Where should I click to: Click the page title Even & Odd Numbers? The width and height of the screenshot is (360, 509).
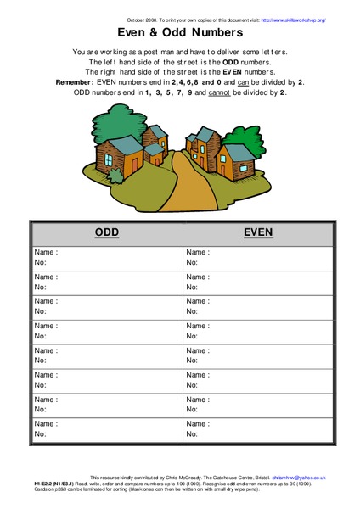[x=179, y=32]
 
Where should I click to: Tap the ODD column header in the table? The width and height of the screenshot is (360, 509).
[x=106, y=232]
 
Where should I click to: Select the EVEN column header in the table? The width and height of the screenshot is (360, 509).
[x=257, y=232]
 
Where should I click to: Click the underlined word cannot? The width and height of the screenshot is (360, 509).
[x=244, y=92]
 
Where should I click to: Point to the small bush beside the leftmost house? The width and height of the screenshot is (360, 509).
[x=90, y=171]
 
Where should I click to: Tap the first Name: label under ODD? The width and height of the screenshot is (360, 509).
[x=45, y=253]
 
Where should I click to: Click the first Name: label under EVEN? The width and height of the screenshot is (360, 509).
[x=198, y=253]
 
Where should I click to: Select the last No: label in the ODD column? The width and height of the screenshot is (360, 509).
[x=40, y=434]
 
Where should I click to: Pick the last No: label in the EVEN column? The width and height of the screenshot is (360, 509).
[x=193, y=434]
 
